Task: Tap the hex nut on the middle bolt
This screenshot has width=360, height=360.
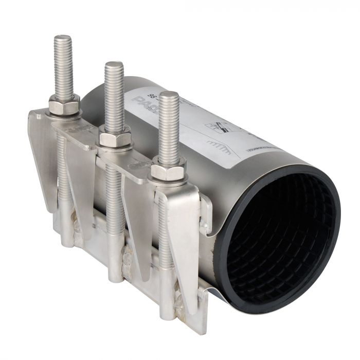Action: (115, 137)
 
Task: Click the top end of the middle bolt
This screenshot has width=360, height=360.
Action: (114, 64)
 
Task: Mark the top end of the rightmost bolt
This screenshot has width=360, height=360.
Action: (168, 94)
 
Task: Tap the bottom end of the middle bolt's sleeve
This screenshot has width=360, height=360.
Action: (116, 278)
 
